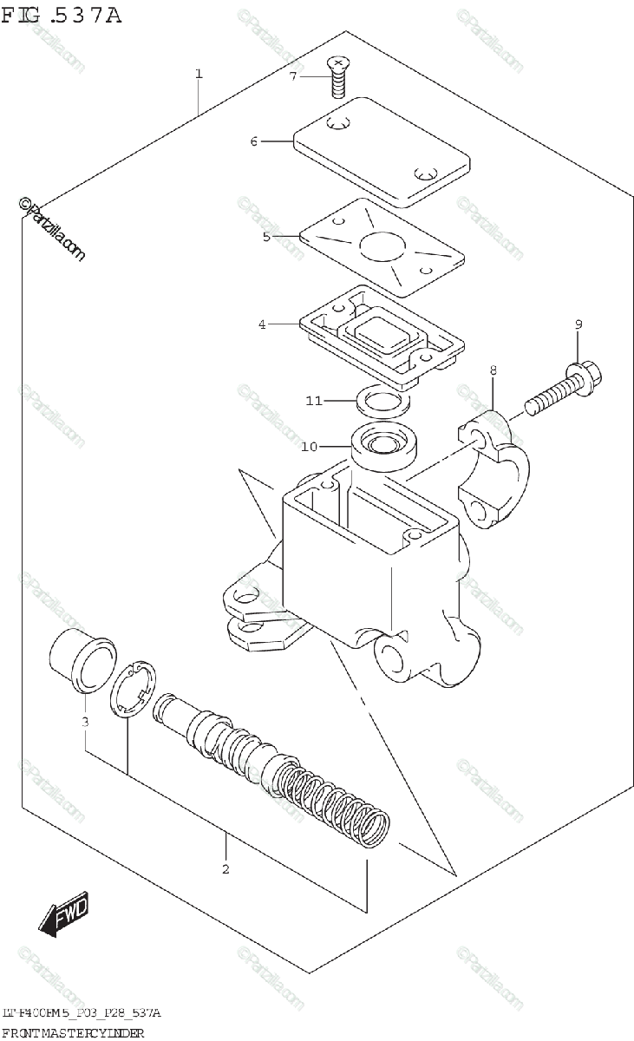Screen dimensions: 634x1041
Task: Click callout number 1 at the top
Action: point(199,75)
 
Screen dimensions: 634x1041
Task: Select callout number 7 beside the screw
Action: point(293,76)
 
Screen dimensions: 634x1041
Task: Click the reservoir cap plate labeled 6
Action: point(382,152)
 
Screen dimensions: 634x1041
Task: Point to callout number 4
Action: point(261,324)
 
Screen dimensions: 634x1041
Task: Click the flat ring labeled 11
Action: point(381,402)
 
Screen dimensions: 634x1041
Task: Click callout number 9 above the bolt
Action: point(578,324)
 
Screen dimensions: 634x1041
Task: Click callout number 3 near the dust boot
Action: point(85,722)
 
